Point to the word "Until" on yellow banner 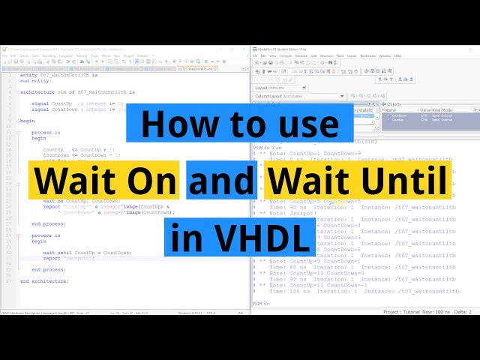(413, 180)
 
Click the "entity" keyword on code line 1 (28, 75)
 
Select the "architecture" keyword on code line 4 (38, 91)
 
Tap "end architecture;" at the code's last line (44, 280)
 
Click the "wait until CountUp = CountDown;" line (87, 252)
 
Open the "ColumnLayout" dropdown (300, 96)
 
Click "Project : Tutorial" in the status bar (400, 311)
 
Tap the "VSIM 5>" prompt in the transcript (260, 303)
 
